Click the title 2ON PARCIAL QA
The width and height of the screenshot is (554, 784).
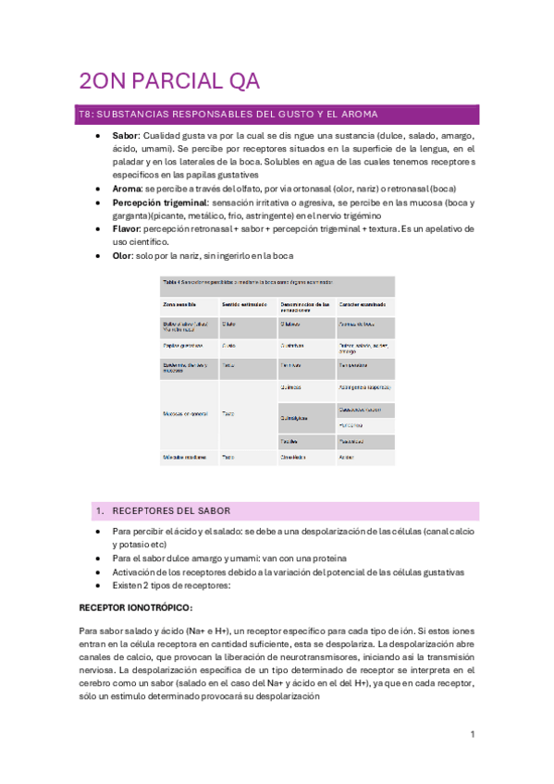164,81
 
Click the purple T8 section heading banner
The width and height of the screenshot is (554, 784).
277,114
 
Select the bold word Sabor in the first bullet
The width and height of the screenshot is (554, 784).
126,136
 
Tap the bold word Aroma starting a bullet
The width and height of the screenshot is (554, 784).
128,188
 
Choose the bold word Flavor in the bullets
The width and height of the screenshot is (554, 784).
129,228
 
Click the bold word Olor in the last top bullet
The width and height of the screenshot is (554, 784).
124,254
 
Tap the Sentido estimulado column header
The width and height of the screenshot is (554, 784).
242,303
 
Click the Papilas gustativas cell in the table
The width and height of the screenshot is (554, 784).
183,346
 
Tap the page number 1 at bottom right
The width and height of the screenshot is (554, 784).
472,734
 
